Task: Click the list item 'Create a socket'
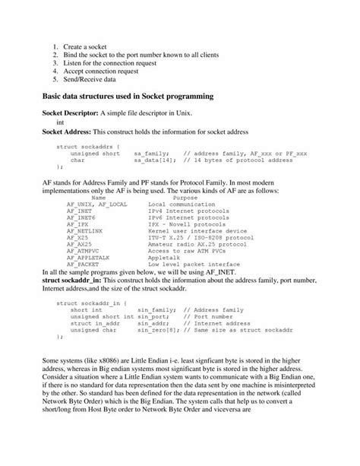(x=85, y=46)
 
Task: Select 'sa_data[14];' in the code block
(x=153, y=160)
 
